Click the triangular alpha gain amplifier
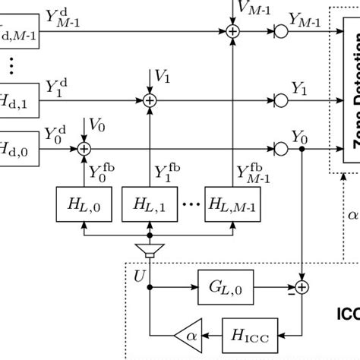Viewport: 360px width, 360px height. tap(185, 332)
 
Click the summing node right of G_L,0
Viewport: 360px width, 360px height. tap(302, 287)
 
